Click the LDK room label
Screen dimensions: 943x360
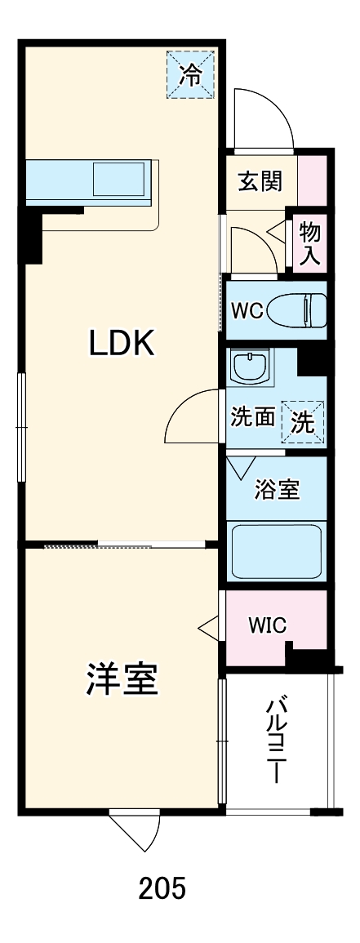(x=122, y=344)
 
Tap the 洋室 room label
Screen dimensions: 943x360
(x=122, y=679)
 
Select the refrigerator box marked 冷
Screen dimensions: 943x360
(x=190, y=75)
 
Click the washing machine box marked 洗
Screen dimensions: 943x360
(x=303, y=421)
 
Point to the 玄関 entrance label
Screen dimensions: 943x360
(x=260, y=180)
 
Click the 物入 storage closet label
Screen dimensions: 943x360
(x=310, y=242)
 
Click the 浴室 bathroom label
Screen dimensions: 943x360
(x=277, y=490)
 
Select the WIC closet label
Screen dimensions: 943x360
(x=267, y=625)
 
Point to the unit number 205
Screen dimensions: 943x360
(x=162, y=888)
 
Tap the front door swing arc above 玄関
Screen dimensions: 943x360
(x=261, y=118)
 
